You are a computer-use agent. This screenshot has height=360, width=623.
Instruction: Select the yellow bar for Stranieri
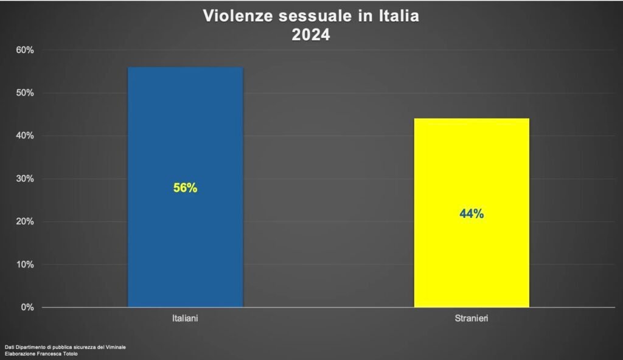point(472,261)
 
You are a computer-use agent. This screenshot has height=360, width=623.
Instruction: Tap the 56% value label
point(185,189)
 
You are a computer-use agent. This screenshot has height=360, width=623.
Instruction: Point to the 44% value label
point(472,214)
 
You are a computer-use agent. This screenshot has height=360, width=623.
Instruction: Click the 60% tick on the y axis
point(24,50)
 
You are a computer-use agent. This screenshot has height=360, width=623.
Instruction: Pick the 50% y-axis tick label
point(24,93)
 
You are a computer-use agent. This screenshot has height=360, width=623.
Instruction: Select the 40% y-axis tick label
point(24,136)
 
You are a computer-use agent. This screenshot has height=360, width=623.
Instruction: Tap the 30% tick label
point(24,179)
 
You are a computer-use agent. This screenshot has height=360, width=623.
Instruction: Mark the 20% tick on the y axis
point(24,221)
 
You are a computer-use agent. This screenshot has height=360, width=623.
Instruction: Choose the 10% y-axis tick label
point(24,265)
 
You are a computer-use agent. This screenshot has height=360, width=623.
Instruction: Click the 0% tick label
point(27,307)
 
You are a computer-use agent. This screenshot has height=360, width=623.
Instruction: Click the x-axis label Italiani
point(185,319)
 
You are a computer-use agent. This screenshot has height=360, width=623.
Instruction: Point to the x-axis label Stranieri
point(472,319)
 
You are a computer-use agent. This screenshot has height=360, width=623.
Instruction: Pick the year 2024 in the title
point(311,35)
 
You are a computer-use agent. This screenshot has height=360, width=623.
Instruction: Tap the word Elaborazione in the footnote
point(19,354)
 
